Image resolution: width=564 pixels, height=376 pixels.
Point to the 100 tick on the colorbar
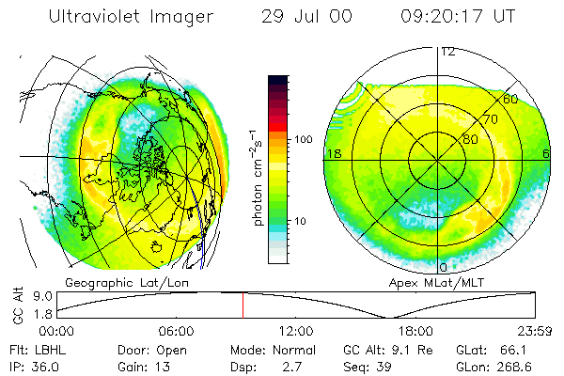[304, 139]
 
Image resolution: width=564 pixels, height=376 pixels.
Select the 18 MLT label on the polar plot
[332, 153]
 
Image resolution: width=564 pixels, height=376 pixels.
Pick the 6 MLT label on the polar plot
[545, 153]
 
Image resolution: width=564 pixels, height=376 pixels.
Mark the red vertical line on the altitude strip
[243, 305]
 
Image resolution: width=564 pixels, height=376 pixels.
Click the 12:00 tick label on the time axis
[296, 331]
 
